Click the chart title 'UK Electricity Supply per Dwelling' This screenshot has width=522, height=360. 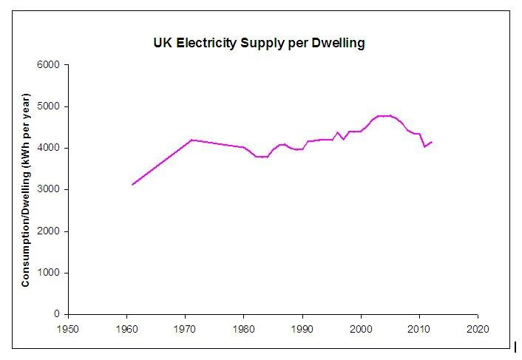coord(254,43)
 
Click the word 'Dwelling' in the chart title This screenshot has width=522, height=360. coord(337,43)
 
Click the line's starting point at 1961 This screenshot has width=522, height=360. coord(132,185)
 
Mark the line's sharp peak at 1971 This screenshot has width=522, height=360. coord(191,140)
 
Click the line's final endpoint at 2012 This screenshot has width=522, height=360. coord(431,142)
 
